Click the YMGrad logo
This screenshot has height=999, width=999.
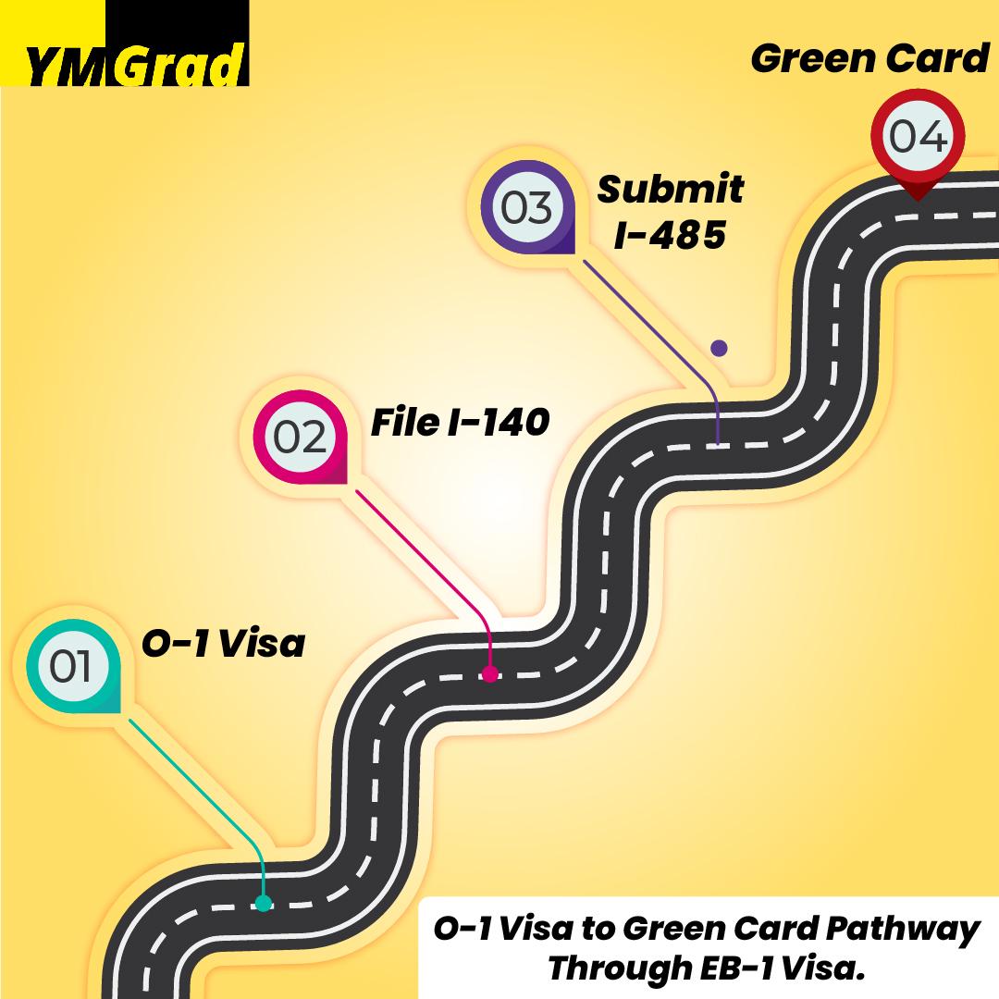click(124, 43)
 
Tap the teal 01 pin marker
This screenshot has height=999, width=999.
click(73, 666)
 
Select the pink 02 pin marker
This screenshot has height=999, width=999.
click(301, 437)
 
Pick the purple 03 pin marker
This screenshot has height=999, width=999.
click(527, 206)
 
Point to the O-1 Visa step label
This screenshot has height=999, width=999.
click(223, 643)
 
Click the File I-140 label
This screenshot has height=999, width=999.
click(460, 423)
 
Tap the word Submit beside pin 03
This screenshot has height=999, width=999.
click(671, 190)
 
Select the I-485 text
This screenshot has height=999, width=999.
click(670, 234)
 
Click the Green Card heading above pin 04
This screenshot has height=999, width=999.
click(869, 58)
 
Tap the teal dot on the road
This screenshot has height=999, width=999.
click(264, 903)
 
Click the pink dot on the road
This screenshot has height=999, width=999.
click(490, 673)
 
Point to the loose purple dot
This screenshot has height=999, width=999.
click(720, 348)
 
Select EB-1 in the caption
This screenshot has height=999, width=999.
click(737, 969)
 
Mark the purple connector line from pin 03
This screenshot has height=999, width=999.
click(660, 339)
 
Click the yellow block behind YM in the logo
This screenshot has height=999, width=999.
click(53, 43)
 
